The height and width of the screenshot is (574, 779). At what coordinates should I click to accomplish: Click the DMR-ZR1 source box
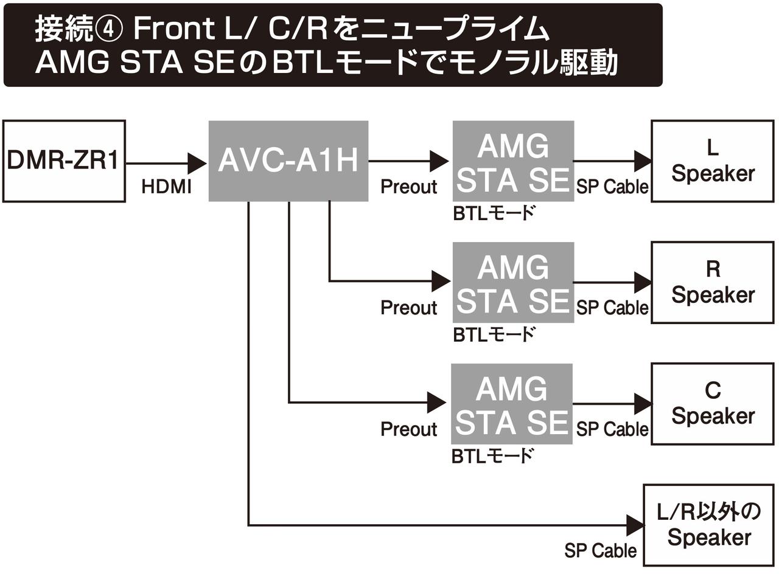[64, 161]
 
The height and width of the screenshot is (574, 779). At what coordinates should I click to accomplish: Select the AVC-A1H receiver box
[288, 161]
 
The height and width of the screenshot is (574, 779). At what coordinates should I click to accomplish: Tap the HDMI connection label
[166, 187]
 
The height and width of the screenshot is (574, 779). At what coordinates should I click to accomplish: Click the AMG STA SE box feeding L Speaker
[512, 162]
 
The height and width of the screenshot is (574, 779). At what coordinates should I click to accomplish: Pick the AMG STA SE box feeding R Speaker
[512, 283]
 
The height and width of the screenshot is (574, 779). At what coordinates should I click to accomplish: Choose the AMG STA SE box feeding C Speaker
[511, 404]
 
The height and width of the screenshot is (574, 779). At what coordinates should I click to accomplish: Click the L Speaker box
[712, 161]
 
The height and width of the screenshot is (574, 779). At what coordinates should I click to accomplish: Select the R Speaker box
[712, 283]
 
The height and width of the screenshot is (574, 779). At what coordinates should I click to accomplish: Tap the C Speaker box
[712, 404]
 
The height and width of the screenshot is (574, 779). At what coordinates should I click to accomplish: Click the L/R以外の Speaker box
[708, 525]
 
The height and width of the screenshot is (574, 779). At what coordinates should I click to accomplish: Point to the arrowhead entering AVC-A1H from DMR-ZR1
[197, 162]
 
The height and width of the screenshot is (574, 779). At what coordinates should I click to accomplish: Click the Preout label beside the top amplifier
[408, 187]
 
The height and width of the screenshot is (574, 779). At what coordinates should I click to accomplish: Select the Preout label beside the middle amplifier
[408, 308]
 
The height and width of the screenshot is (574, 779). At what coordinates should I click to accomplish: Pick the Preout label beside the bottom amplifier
[408, 429]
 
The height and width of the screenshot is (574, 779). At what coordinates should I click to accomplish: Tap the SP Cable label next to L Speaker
[612, 187]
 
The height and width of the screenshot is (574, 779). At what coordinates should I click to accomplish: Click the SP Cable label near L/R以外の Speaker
[600, 551]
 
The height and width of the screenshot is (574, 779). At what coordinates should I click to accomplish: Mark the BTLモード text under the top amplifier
[494, 213]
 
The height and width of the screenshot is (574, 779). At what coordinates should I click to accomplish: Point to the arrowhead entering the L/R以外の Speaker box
[634, 525]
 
